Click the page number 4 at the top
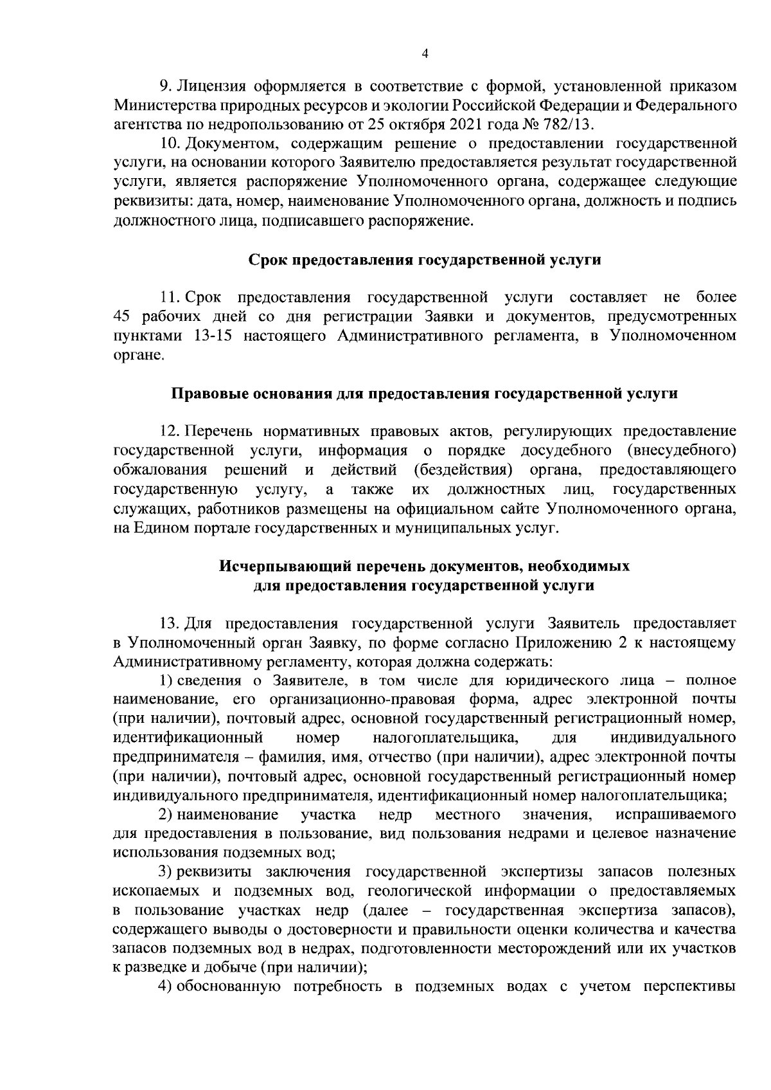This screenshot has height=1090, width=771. [425, 53]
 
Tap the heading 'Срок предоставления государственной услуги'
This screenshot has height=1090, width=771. [425, 260]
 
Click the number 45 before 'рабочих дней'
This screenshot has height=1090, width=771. [122, 316]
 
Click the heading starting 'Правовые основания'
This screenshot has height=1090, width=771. [425, 393]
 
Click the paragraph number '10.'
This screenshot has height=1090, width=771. [169, 143]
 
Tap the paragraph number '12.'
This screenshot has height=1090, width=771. [169, 430]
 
